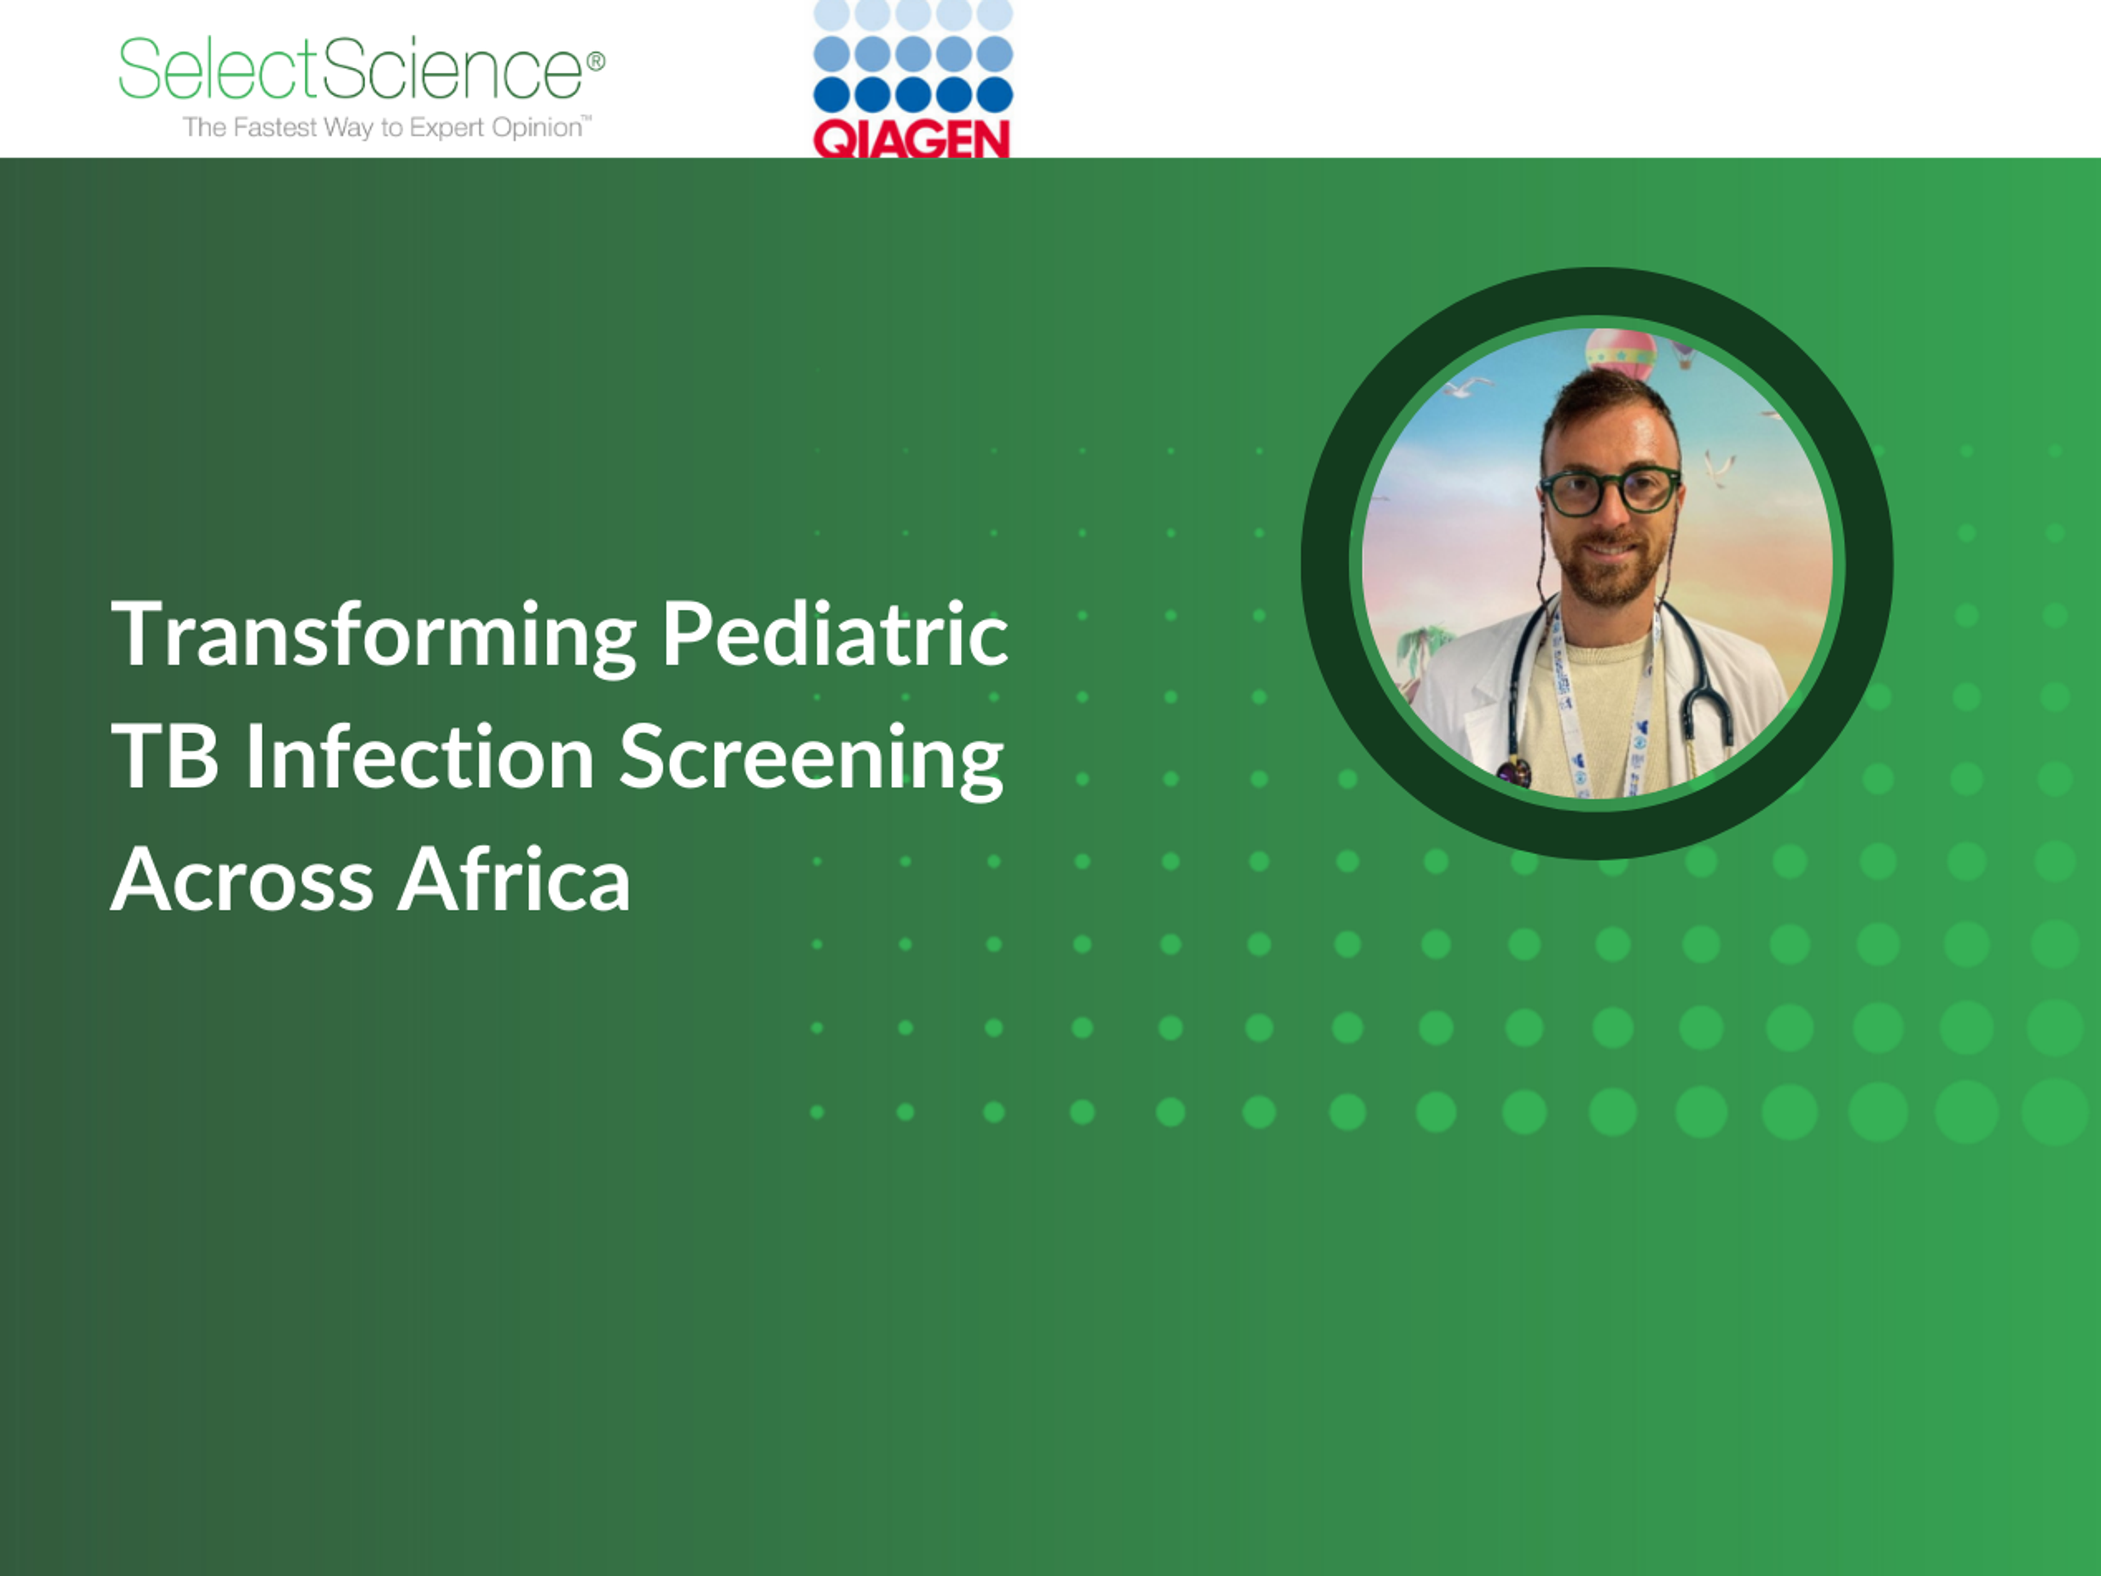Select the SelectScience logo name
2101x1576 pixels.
click(351, 68)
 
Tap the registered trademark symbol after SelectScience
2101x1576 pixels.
click(595, 62)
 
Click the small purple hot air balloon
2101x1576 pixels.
click(1682, 355)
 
